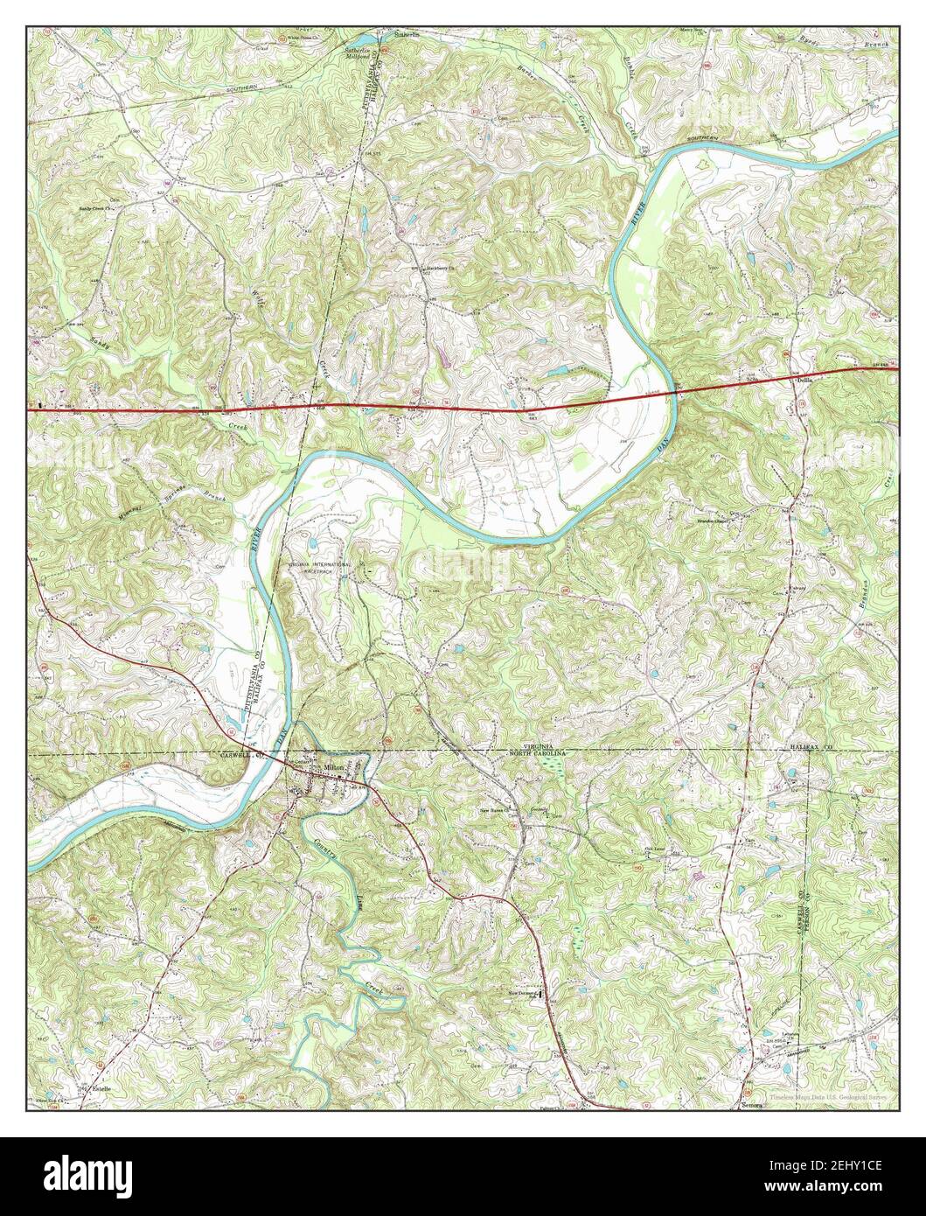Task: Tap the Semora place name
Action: pyautogui.click(x=752, y=1106)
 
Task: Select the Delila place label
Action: pyautogui.click(x=804, y=380)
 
